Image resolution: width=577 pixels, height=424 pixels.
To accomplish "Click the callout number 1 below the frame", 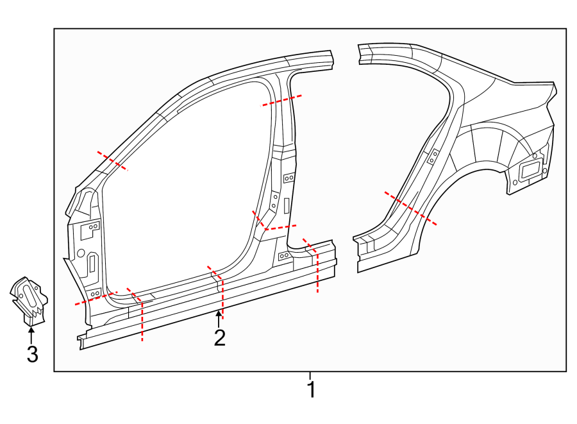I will [311, 389].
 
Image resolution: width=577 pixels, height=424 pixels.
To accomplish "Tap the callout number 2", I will [220, 338].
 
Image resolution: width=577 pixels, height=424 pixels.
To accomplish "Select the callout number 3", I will [32, 353].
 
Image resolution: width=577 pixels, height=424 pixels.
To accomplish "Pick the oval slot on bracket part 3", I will [29, 296].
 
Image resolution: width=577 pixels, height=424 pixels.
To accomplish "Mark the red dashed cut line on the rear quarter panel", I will [410, 208].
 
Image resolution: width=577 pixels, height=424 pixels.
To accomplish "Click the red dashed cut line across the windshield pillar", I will [112, 161].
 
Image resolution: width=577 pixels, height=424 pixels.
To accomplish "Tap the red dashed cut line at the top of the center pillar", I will [282, 100].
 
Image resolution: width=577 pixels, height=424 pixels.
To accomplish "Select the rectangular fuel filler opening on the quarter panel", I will [530, 171].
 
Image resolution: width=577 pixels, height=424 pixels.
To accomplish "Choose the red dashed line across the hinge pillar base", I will [96, 298].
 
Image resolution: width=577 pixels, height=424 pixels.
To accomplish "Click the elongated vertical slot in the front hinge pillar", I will [92, 264].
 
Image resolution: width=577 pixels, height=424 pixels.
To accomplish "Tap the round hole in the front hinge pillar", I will [81, 253].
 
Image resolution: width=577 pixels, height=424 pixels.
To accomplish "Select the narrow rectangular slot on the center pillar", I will [286, 205].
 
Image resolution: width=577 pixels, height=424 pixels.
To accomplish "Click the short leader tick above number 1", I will [310, 375].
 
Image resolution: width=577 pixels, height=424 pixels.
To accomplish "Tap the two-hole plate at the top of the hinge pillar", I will [93, 226].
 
